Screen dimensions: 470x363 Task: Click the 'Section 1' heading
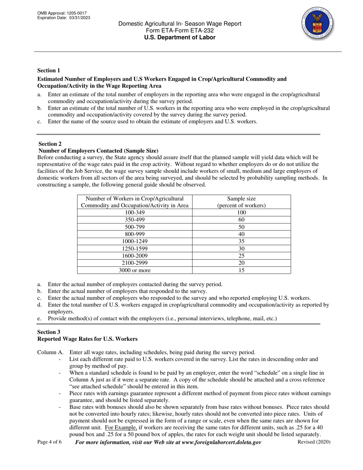pyautogui.click(x=49, y=70)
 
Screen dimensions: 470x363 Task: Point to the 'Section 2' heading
pyautogui.click(x=50, y=144)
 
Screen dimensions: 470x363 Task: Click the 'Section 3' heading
pyautogui.click(x=49, y=332)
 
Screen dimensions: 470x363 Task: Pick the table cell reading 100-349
pyautogui.click(x=135, y=212)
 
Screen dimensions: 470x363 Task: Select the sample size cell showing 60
pyautogui.click(x=241, y=220)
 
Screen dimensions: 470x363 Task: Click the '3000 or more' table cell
pyautogui.click(x=135, y=270)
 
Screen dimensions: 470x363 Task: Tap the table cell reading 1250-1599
pyautogui.click(x=135, y=248)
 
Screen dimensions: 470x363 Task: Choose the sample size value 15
pyautogui.click(x=241, y=270)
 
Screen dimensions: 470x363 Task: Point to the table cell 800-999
pyautogui.click(x=135, y=234)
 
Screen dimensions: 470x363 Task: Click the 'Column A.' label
pyautogui.click(x=50, y=352)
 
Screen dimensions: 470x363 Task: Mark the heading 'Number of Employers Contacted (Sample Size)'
pyautogui.click(x=98, y=151)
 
